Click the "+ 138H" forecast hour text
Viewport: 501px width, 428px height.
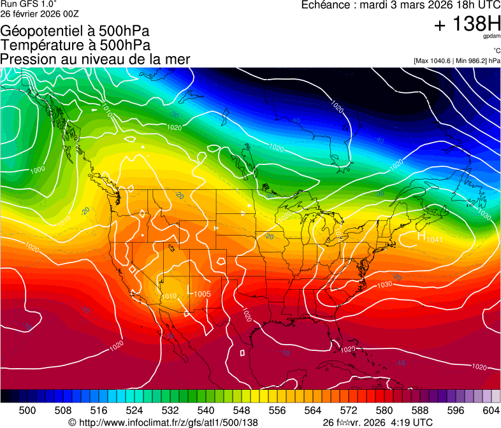[467, 25]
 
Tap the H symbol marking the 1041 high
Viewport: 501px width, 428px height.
[421, 236]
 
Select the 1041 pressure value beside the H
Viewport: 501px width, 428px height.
[434, 239]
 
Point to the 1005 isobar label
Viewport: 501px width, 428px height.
[203, 294]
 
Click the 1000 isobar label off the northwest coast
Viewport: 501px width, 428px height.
[38, 169]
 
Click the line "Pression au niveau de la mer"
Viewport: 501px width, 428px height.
[95, 59]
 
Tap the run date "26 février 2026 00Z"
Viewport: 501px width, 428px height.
[40, 13]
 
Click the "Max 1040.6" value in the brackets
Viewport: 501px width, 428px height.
[435, 61]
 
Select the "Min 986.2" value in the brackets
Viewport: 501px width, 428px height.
[473, 61]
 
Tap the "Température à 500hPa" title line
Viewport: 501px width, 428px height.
[75, 45]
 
